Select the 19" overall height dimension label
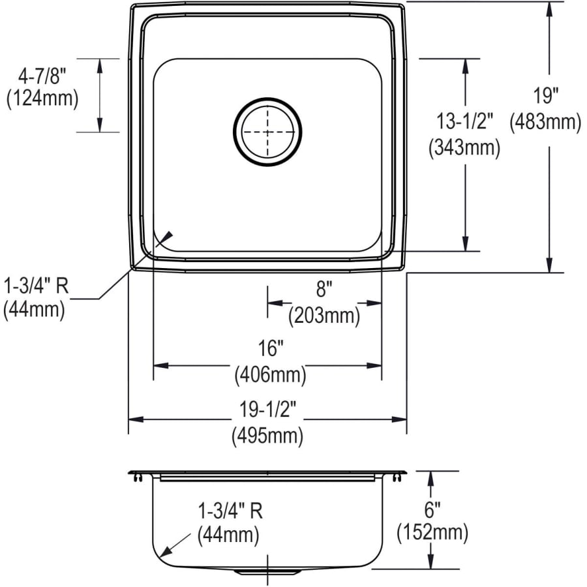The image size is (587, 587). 545,95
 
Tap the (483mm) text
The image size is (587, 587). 545,122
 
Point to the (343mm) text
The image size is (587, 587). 464,148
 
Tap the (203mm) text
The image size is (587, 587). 324,315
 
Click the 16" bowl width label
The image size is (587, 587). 271,348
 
